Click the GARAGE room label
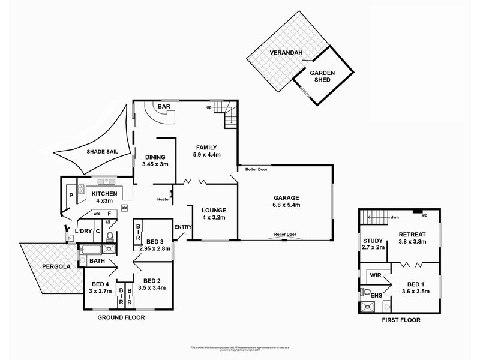[x=286, y=201]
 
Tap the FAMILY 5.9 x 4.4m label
[x=206, y=151]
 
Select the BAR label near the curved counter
[x=163, y=107]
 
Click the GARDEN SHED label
[x=322, y=77]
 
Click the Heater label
[x=163, y=200]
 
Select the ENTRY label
[x=182, y=227]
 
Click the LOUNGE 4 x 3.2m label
[x=214, y=214]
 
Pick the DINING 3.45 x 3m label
[x=155, y=160]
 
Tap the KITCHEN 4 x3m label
[x=104, y=197]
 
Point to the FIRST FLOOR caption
[x=401, y=320]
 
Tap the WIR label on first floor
[x=376, y=275]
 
